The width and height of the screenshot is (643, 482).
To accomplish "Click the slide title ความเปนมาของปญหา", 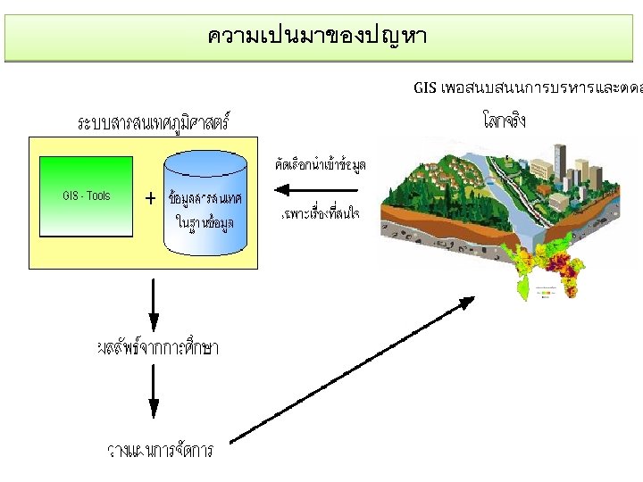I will coord(317,37).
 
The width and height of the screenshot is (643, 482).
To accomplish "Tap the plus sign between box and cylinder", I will coord(150,198).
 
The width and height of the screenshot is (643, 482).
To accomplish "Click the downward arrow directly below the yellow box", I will coord(154,303).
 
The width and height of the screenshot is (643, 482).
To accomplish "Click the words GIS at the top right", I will coord(425,87).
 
